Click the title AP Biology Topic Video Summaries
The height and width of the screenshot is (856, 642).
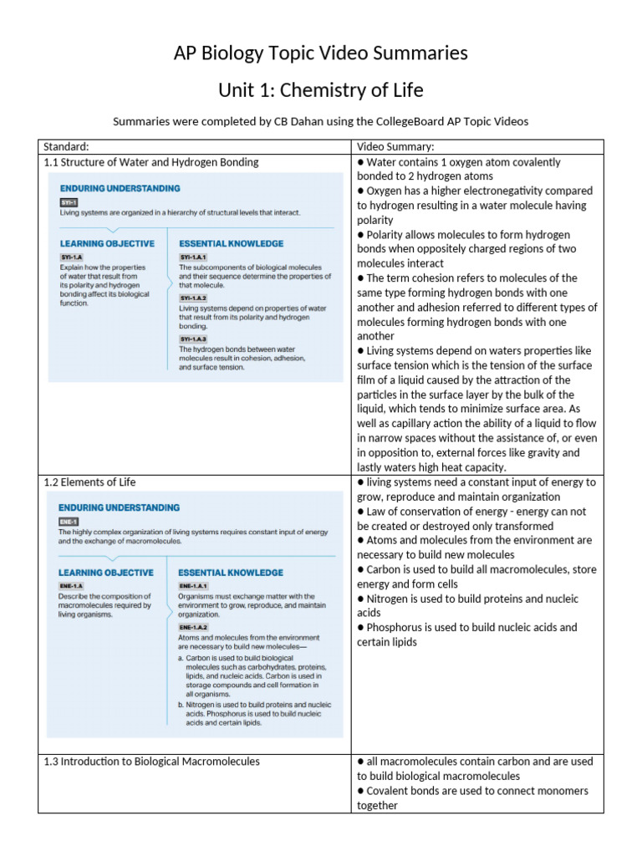(321, 53)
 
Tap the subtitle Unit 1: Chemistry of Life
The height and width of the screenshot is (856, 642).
(321, 89)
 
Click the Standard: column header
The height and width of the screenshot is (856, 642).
(67, 147)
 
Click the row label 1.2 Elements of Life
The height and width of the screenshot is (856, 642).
(89, 482)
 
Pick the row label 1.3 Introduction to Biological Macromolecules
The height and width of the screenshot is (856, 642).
(151, 762)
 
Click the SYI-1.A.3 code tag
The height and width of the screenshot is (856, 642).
(193, 339)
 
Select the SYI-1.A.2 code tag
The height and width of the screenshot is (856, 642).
(193, 298)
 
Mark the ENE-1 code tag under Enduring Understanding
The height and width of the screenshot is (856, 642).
(69, 520)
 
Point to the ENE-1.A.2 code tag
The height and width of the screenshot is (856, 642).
(193, 626)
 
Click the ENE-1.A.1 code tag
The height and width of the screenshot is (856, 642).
(193, 586)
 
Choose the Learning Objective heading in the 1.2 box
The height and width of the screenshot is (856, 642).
(106, 573)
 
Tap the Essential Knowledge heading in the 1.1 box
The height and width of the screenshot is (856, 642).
(231, 243)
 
